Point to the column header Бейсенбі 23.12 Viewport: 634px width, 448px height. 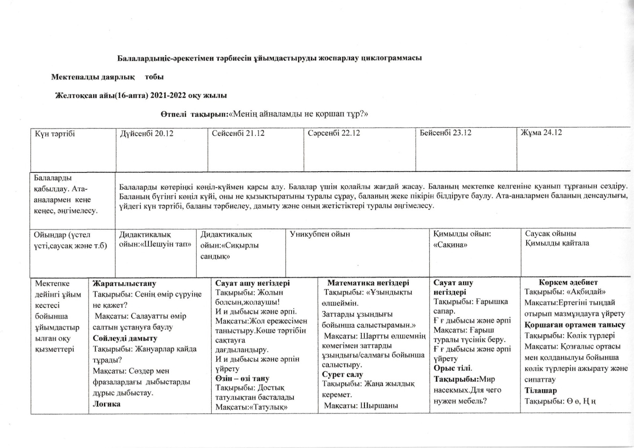(446, 133)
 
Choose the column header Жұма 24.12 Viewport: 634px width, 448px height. (541, 133)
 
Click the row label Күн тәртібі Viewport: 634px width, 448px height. (55, 134)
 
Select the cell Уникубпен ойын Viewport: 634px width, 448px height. (320, 234)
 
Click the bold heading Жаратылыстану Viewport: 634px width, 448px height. (125, 283)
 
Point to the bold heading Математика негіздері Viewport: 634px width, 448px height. (368, 283)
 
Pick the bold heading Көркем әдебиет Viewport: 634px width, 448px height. (568, 282)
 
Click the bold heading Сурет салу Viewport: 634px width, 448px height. (342, 375)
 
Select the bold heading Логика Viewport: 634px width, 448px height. (107, 404)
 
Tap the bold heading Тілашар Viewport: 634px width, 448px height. (541, 390)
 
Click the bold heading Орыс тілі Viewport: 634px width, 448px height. (452, 368)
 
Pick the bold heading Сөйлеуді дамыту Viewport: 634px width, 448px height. (125, 338)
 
